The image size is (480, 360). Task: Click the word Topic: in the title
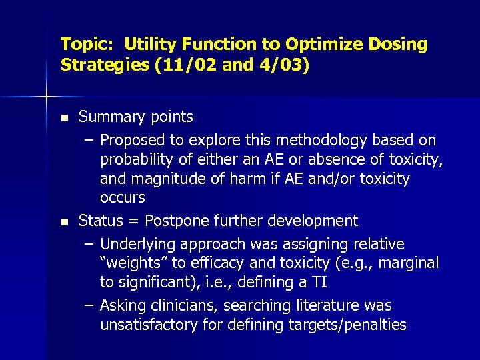81,45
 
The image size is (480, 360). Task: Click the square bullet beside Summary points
64,118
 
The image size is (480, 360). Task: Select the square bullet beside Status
64,221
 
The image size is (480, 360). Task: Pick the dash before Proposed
89,140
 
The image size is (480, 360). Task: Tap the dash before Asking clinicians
89,306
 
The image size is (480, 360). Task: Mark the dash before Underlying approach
89,244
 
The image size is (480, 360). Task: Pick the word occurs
122,198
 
